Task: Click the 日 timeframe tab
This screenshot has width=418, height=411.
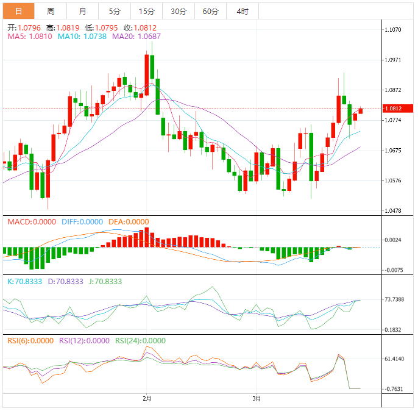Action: point(18,12)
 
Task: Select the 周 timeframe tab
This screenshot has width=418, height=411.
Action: point(51,12)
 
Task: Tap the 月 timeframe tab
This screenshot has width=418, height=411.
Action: point(82,12)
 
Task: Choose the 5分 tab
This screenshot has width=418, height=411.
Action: point(115,12)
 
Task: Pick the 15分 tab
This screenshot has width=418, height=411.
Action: point(146,12)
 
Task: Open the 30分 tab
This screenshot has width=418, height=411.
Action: point(179,12)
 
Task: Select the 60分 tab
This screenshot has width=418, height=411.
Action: point(210,12)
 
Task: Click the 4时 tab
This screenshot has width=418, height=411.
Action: point(242,12)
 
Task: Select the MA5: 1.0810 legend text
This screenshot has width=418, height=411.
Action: point(29,37)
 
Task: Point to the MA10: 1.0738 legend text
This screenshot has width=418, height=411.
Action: point(82,37)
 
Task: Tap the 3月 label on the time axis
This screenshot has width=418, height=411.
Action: point(257,399)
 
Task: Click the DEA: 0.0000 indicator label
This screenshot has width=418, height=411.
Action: point(129,222)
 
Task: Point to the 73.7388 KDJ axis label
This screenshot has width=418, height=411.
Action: point(395,299)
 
